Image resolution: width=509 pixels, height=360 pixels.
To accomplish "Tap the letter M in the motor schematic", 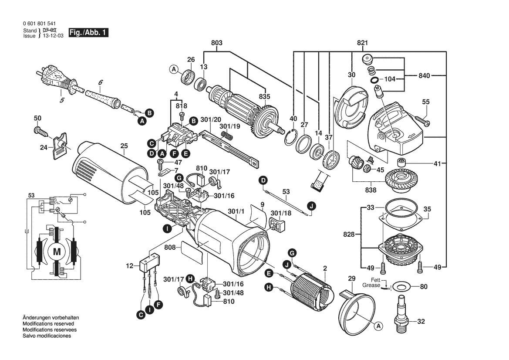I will point(57,251).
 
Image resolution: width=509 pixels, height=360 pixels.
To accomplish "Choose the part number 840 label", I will point(424,75).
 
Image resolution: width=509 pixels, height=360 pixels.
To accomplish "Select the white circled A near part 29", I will point(378,326).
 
